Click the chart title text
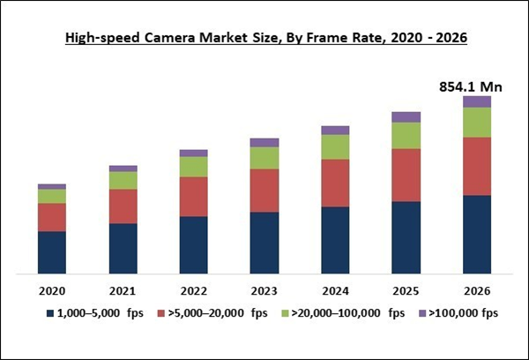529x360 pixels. pyautogui.click(x=264, y=38)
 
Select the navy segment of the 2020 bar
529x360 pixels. pyautogui.click(x=52, y=251)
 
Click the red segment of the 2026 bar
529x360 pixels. pyautogui.click(x=476, y=166)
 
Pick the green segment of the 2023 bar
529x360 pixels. pyautogui.click(x=264, y=158)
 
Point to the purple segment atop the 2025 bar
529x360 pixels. pyautogui.click(x=406, y=117)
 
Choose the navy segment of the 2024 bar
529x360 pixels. pyautogui.click(x=335, y=239)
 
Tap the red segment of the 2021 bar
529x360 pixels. pyautogui.click(x=123, y=206)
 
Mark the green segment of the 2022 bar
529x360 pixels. pyautogui.click(x=193, y=167)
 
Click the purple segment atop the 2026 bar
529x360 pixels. pyautogui.click(x=476, y=101)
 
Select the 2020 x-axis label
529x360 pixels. pyautogui.click(x=52, y=290)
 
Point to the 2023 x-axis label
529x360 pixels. pyautogui.click(x=264, y=290)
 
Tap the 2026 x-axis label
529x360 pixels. pyautogui.click(x=476, y=290)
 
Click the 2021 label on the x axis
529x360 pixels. pyautogui.click(x=123, y=290)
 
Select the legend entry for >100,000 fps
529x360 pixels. pyautogui.click(x=461, y=313)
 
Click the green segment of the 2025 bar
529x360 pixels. pyautogui.click(x=406, y=135)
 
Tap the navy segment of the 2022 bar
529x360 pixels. pyautogui.click(x=193, y=244)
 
